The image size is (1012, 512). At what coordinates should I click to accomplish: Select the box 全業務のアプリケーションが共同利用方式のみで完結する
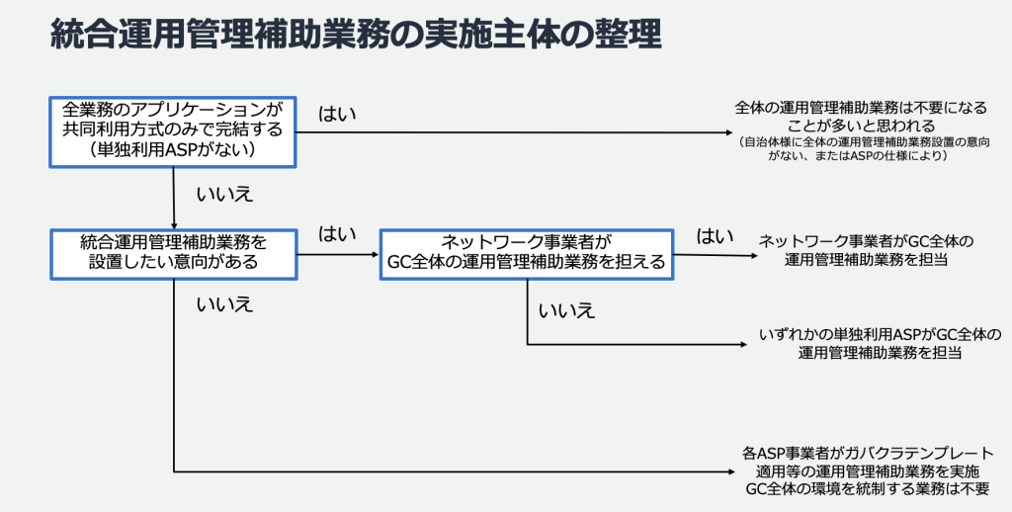pos(173,130)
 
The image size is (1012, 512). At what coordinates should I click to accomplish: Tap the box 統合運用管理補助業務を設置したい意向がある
pos(173,252)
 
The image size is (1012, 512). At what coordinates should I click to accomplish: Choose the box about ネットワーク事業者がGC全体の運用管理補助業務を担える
pos(526,254)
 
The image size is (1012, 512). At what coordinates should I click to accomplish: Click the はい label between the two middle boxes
pos(337,234)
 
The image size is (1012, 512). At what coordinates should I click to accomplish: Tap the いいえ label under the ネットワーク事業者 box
pos(567,310)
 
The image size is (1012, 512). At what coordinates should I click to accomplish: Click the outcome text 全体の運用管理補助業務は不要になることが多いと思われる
pos(862,117)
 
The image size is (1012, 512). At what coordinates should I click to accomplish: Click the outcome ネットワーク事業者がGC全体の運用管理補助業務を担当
pos(867,251)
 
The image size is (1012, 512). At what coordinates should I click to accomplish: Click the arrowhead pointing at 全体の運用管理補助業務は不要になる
pos(723,132)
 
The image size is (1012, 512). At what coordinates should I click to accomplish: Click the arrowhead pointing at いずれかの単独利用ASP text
pos(746,345)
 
